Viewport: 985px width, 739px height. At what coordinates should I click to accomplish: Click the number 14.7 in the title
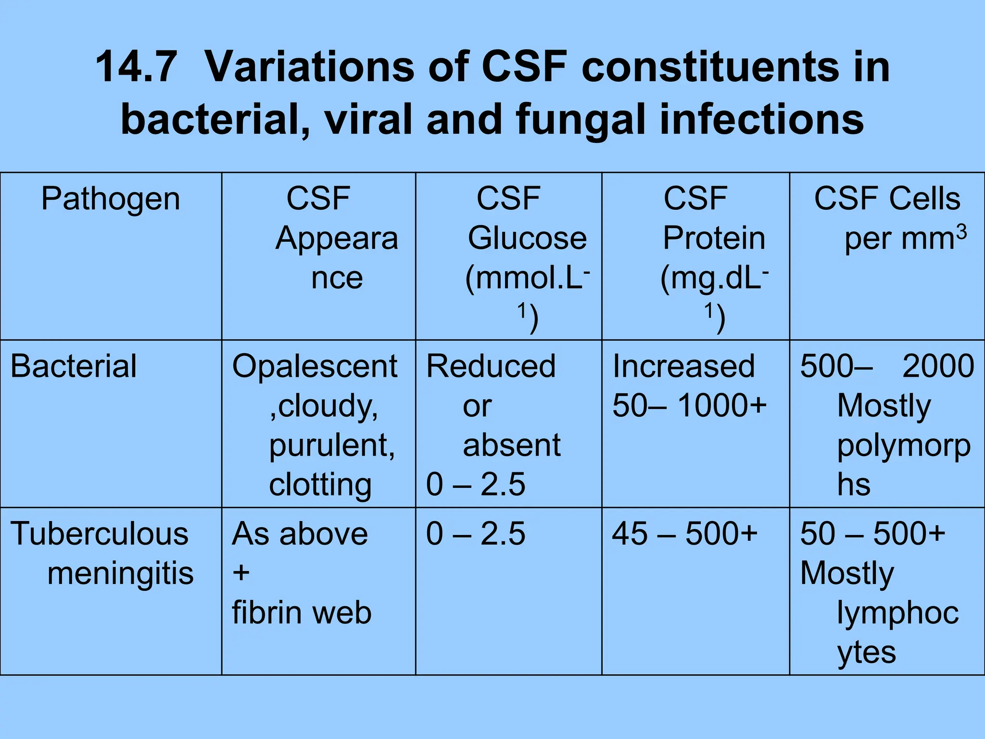(x=136, y=67)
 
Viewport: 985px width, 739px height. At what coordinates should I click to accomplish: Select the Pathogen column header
(x=111, y=199)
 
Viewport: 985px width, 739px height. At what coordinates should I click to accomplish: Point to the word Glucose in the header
(x=527, y=238)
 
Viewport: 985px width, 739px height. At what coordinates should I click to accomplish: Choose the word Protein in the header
(x=714, y=238)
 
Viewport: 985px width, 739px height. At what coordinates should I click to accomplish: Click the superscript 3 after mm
(x=961, y=232)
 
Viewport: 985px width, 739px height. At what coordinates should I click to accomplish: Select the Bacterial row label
(x=74, y=366)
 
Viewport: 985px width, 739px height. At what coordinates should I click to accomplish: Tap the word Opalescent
(x=315, y=366)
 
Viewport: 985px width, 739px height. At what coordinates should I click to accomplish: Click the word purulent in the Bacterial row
(x=331, y=445)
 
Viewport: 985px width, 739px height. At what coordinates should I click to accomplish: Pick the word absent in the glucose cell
(x=511, y=445)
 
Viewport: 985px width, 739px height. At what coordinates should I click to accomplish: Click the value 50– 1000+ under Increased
(x=689, y=406)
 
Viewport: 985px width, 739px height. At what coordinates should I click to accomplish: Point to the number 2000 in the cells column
(x=938, y=366)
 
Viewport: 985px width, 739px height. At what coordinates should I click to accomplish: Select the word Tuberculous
(x=100, y=534)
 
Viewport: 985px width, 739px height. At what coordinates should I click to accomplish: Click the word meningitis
(x=120, y=573)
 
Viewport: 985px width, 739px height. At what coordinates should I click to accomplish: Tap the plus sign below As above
(x=241, y=573)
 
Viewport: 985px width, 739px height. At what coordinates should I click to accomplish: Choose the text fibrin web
(x=302, y=613)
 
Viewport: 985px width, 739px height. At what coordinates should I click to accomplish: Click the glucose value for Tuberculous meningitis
(x=476, y=534)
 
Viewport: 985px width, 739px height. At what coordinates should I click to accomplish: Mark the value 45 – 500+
(x=684, y=534)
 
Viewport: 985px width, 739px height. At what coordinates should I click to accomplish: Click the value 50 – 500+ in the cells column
(x=872, y=534)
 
